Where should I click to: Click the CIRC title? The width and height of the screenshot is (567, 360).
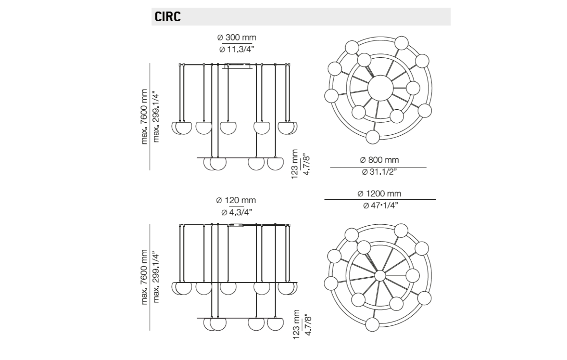click(167, 16)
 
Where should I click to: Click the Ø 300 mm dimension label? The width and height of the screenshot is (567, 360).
click(237, 37)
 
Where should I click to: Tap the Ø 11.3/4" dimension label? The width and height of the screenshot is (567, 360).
click(237, 49)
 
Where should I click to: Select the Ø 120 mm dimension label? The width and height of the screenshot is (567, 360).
click(236, 200)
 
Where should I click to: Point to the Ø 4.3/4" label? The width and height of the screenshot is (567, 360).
click(236, 212)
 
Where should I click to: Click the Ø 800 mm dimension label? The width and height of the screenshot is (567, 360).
click(379, 160)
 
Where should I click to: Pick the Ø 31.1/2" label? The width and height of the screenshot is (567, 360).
click(379, 172)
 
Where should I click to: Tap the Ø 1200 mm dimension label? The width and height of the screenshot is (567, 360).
click(379, 194)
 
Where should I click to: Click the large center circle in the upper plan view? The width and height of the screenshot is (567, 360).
click(380, 88)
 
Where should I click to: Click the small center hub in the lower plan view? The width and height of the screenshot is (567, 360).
click(380, 276)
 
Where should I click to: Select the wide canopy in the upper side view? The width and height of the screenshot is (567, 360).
click(238, 66)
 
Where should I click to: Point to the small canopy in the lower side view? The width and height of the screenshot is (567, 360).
click(236, 225)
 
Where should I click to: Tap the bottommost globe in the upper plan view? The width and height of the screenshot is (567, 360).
click(373, 137)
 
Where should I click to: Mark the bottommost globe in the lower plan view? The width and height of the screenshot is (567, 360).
click(372, 324)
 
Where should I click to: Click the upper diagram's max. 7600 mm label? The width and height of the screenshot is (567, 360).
click(144, 117)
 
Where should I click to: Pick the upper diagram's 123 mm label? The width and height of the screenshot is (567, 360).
click(295, 164)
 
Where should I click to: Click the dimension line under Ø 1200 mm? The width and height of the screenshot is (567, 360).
click(380, 199)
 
